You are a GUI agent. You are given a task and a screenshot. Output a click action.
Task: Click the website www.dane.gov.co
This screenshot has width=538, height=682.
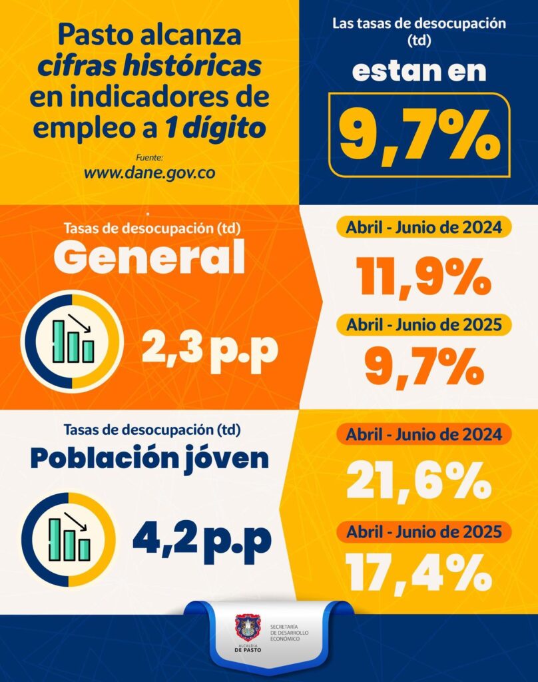149,172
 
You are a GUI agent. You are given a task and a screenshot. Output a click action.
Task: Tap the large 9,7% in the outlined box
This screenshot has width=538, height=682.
419,135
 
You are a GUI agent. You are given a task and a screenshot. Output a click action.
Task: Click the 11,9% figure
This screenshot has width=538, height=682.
425,278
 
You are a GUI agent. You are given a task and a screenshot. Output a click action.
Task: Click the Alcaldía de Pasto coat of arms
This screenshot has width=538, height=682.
248,628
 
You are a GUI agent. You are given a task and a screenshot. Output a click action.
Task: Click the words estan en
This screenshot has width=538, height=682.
419,71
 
